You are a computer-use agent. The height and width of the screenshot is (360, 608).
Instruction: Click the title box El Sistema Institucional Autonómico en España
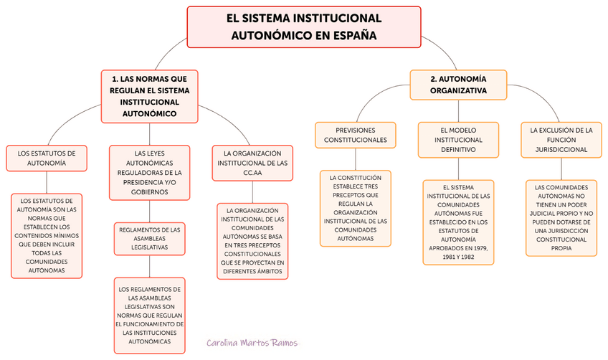coord(303,27)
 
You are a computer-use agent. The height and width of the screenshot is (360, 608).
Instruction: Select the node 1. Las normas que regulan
coord(149,95)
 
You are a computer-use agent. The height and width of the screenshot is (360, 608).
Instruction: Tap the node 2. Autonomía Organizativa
coord(458,85)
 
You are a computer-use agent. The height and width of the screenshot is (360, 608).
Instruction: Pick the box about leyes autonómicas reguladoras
coord(149,172)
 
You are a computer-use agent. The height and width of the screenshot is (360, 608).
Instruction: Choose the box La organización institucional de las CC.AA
coord(252,164)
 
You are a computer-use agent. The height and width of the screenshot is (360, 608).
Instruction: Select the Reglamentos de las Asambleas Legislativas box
coord(149,238)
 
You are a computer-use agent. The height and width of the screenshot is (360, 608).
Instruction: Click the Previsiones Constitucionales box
coord(356,136)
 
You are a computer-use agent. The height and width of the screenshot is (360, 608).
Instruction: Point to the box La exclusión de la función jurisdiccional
coord(561,140)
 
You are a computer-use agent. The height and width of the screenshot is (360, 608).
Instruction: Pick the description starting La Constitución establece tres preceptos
coord(356,208)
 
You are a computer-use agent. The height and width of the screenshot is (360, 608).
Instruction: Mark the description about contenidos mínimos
coord(47,236)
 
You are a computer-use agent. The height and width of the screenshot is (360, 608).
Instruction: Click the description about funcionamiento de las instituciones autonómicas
coord(149,316)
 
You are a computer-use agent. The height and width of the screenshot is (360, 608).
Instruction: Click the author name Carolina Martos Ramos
coord(251,344)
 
